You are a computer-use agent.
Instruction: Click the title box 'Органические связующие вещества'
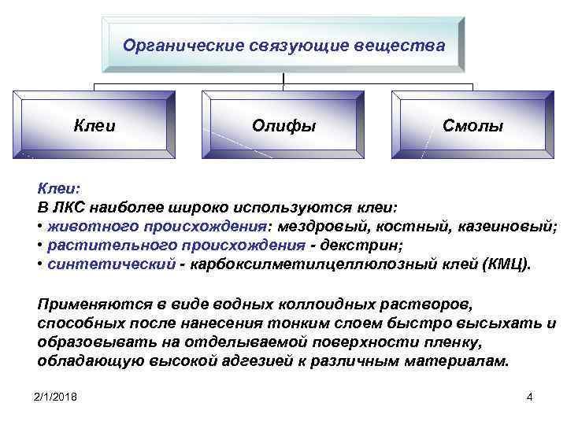click(x=283, y=45)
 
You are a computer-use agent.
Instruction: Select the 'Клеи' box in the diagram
click(x=94, y=124)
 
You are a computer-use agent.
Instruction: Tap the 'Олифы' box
click(x=283, y=124)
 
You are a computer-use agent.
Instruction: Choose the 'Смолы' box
click(x=472, y=125)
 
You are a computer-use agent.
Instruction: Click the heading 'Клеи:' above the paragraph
click(x=59, y=189)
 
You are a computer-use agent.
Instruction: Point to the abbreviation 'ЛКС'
click(x=69, y=208)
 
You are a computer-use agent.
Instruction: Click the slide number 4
click(x=528, y=397)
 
